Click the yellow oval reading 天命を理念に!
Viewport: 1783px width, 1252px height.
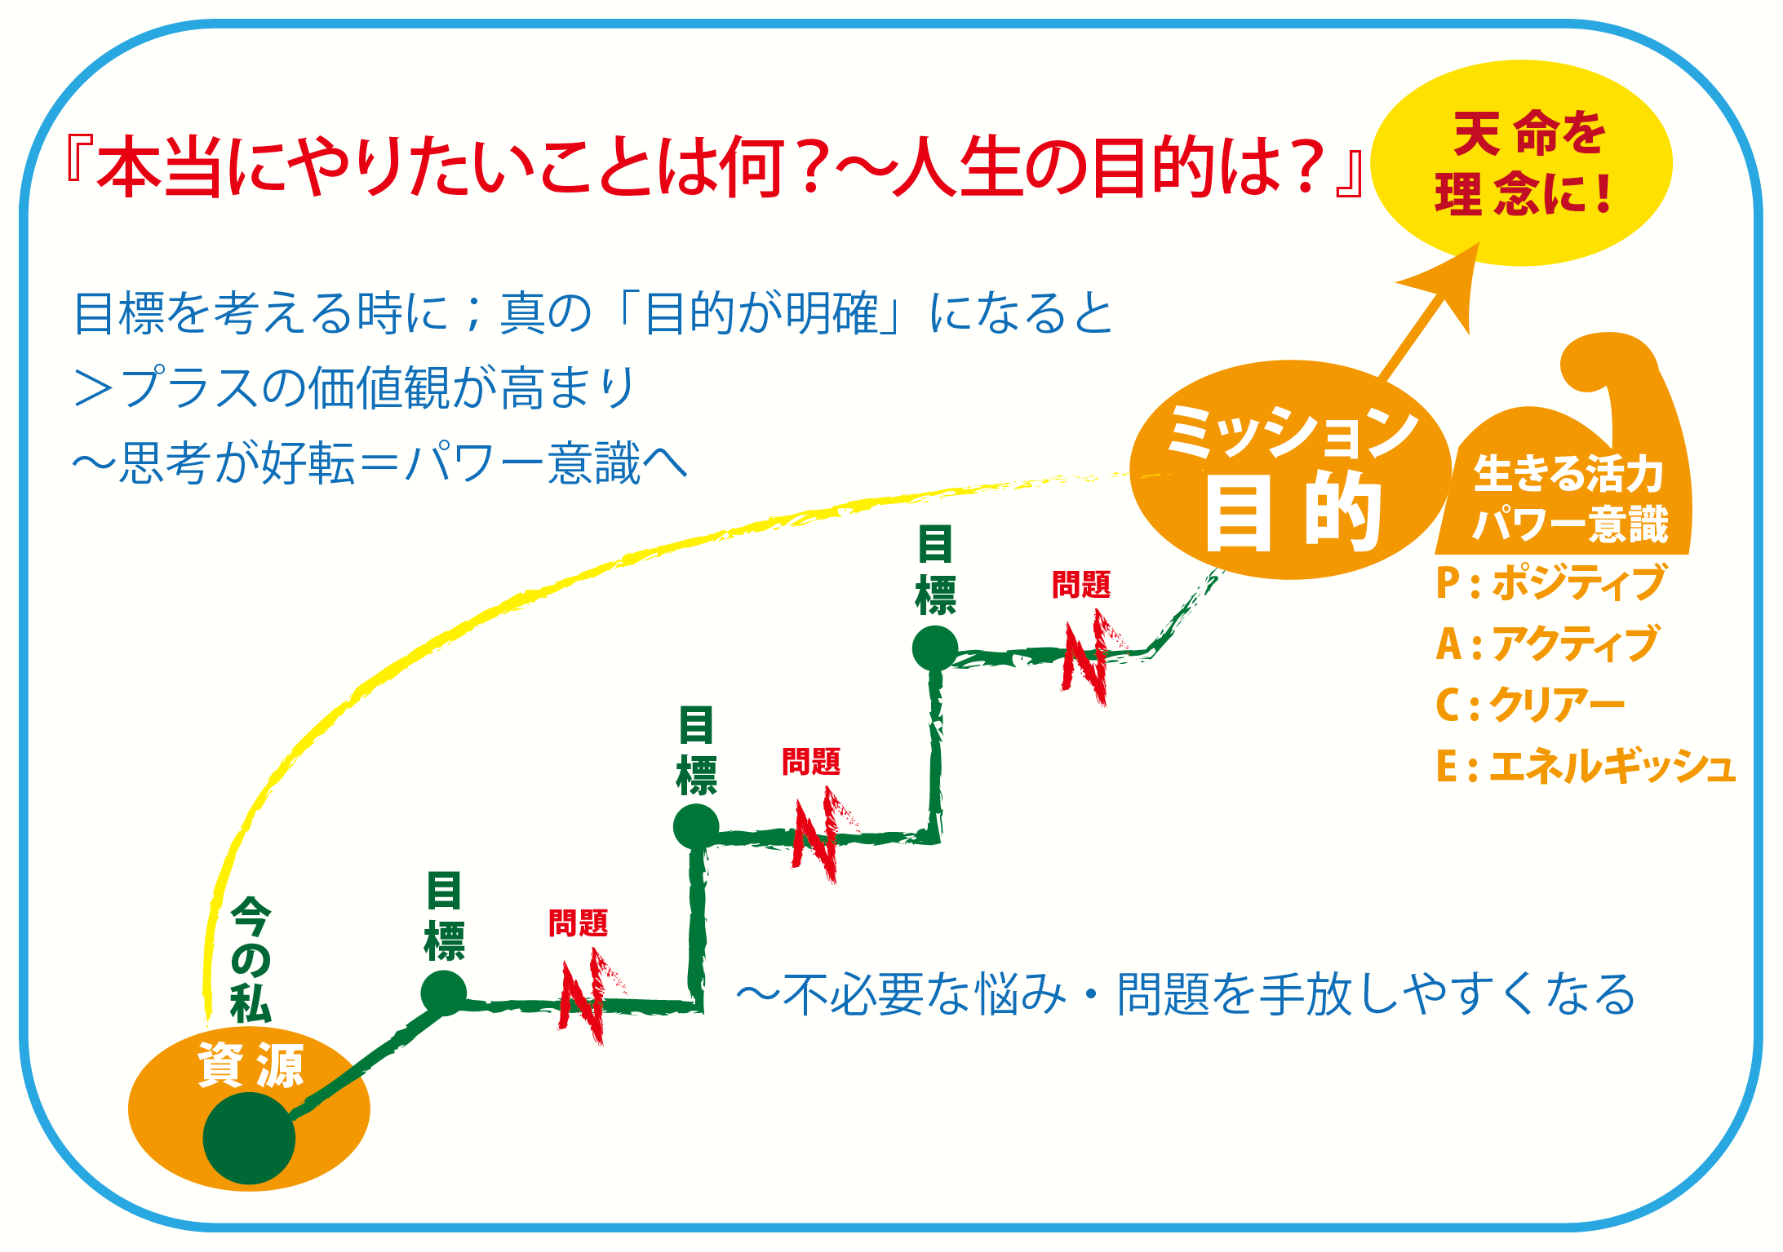click(x=1521, y=162)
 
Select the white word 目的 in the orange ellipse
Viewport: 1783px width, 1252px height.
click(x=1293, y=512)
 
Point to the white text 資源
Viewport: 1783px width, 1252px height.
click(x=251, y=1064)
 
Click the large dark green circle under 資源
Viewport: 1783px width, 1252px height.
click(x=249, y=1138)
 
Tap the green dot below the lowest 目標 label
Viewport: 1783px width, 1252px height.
click(x=444, y=993)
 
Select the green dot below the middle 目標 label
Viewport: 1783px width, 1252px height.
click(x=696, y=826)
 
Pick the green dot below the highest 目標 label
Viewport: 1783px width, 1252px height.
click(x=935, y=648)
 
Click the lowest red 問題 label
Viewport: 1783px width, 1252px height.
click(x=579, y=923)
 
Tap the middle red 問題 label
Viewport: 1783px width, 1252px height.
click(x=811, y=761)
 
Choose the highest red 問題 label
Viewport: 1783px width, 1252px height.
click(x=1081, y=584)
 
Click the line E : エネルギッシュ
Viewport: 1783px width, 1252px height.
click(x=1585, y=766)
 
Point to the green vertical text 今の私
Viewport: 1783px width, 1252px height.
click(x=251, y=959)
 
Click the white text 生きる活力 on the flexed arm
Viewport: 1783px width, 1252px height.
click(x=1568, y=473)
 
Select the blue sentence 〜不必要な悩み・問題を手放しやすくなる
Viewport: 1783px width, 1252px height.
click(x=1186, y=993)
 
